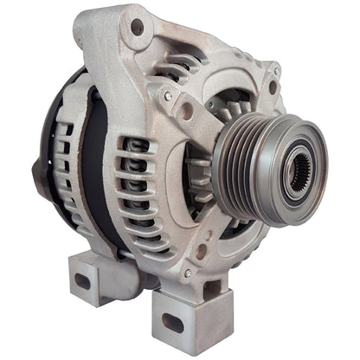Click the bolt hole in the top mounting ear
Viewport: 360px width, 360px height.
(136, 28)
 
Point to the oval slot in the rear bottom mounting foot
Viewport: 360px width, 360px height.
(83, 281)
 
